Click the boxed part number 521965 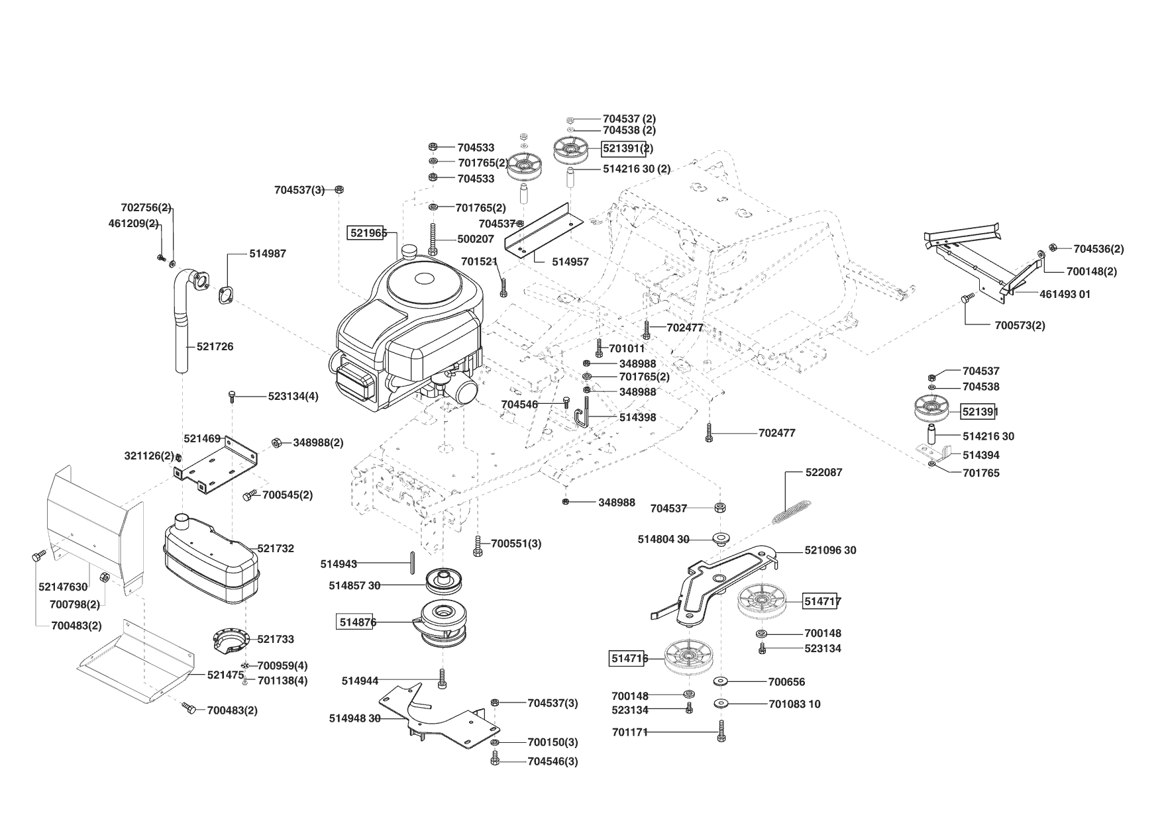point(367,232)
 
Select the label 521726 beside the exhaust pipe point(215,346)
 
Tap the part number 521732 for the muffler point(276,548)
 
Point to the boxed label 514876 point(357,622)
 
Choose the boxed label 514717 point(822,601)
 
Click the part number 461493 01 point(1065,294)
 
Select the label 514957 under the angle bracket point(570,262)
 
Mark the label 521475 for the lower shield point(226,675)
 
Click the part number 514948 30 point(354,718)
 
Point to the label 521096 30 point(830,550)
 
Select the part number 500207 point(476,239)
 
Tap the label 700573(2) point(1020,325)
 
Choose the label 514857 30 point(354,585)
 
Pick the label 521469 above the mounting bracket point(202,438)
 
